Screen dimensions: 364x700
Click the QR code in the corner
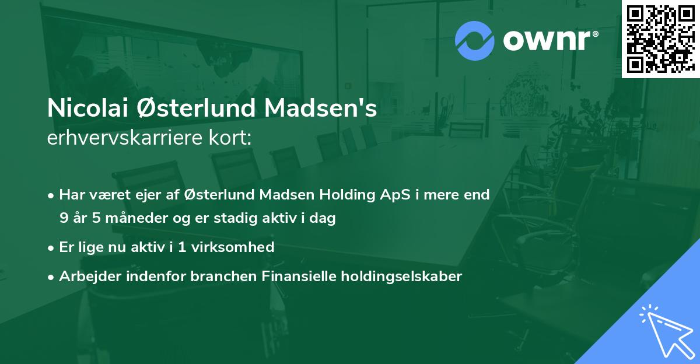tap(660, 39)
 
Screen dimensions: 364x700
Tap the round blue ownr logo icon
tap(474, 41)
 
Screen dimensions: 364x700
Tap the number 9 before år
tap(63, 218)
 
